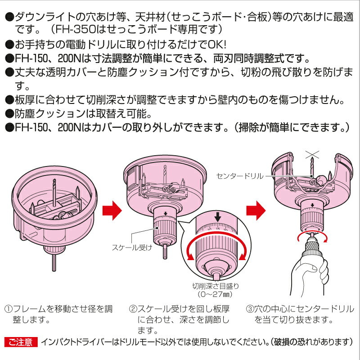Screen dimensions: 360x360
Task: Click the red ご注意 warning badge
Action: coord(20,342)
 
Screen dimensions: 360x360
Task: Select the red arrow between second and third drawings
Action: coord(256,208)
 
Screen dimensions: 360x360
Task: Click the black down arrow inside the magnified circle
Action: coord(218,217)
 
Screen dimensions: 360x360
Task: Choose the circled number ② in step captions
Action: coord(133,310)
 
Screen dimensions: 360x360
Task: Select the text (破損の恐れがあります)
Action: coord(310,342)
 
